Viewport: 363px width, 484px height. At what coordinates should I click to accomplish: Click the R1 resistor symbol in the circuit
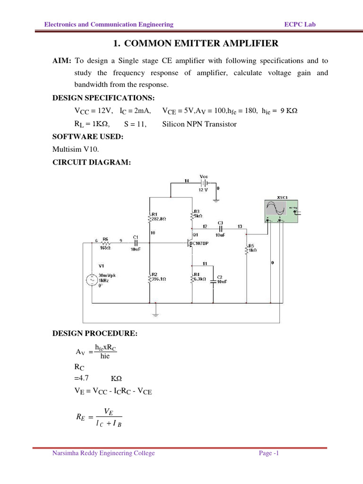[149, 217]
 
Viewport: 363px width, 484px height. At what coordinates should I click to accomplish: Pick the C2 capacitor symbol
[213, 281]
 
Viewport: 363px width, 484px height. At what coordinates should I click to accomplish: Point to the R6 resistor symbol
[105, 243]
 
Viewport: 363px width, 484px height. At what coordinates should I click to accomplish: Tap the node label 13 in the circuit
[240, 226]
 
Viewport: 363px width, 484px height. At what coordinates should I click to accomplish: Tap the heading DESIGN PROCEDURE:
[95, 334]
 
